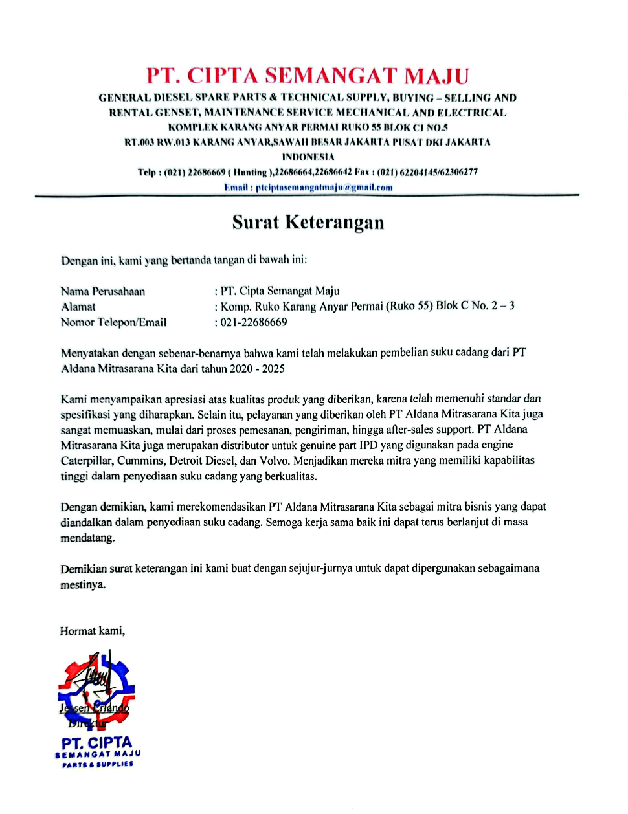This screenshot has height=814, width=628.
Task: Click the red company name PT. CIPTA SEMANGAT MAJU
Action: pyautogui.click(x=308, y=76)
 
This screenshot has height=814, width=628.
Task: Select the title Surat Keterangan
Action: pyautogui.click(x=308, y=223)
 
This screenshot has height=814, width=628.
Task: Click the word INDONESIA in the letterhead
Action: pyautogui.click(x=308, y=157)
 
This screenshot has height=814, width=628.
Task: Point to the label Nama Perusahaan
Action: pyautogui.click(x=103, y=291)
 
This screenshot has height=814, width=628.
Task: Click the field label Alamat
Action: pyautogui.click(x=78, y=307)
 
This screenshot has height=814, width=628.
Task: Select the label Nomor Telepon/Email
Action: pyautogui.click(x=113, y=322)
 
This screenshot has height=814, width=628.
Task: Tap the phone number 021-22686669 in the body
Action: pyautogui.click(x=254, y=322)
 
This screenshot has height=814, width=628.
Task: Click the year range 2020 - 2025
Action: pyautogui.click(x=257, y=369)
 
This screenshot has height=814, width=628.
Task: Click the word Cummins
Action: pyautogui.click(x=140, y=461)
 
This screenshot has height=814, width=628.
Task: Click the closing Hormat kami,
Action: pyautogui.click(x=92, y=631)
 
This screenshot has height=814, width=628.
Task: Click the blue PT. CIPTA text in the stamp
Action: pyautogui.click(x=96, y=743)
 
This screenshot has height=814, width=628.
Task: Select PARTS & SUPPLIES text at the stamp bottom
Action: pyautogui.click(x=98, y=765)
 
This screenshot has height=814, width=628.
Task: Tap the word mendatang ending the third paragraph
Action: pyautogui.click(x=87, y=538)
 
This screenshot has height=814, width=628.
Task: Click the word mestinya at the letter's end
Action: pyautogui.click(x=83, y=584)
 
